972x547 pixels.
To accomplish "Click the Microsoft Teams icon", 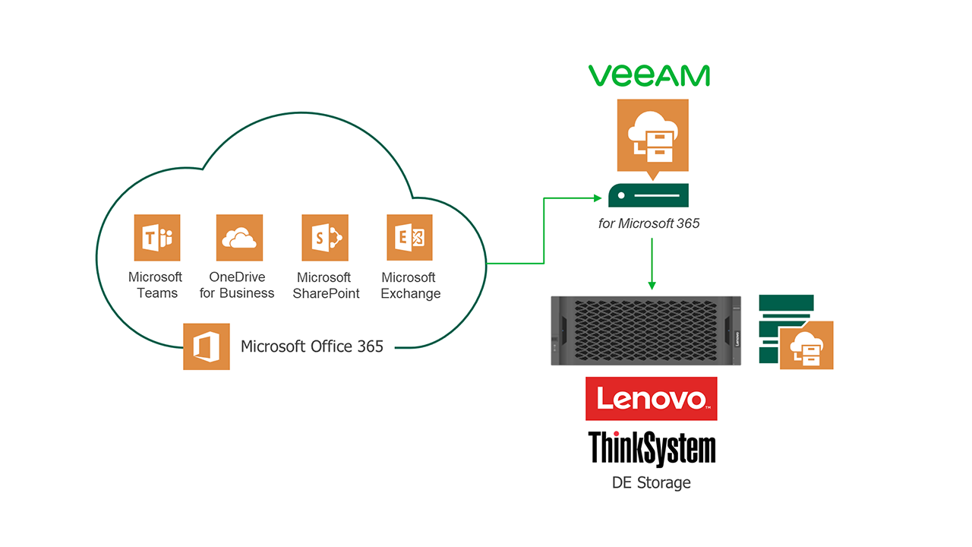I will tap(157, 238).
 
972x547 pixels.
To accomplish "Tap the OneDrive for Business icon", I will tap(239, 238).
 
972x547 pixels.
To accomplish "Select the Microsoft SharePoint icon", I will tap(325, 238).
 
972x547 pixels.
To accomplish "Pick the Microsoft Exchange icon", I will tap(409, 238).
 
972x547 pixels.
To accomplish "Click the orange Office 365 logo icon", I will tap(207, 346).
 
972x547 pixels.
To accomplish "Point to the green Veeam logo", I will tap(649, 75).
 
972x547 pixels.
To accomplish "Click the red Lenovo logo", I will tap(651, 399).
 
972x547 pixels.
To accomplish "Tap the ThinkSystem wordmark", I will tap(652, 448).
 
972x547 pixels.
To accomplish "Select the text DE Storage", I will tap(652, 482).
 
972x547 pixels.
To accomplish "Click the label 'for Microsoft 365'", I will tap(649, 223).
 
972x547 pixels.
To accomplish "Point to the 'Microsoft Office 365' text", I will tap(312, 346).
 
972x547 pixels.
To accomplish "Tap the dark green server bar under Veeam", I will tap(649, 195).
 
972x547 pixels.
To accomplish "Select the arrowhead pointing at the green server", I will tap(596, 198).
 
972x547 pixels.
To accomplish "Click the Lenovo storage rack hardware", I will tap(646, 331).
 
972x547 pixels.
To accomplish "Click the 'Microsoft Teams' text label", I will tap(156, 285).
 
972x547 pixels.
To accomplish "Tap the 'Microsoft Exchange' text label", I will tap(409, 285).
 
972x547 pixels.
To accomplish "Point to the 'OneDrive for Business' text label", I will tap(237, 285).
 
